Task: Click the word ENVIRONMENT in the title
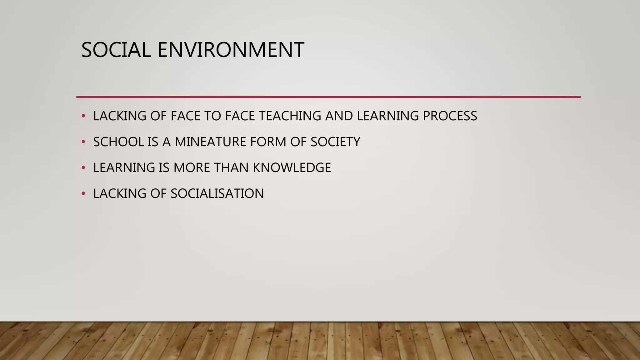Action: pyautogui.click(x=231, y=50)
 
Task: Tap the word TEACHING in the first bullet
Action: pyautogui.click(x=290, y=116)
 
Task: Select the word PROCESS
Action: pyautogui.click(x=450, y=116)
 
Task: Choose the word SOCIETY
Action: pyautogui.click(x=335, y=142)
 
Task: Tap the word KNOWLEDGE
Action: pyautogui.click(x=292, y=168)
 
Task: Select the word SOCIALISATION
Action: pyautogui.click(x=217, y=194)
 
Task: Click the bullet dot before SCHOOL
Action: pyautogui.click(x=83, y=142)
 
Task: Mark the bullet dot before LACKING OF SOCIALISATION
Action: pyautogui.click(x=83, y=194)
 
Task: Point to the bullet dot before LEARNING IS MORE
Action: pyautogui.click(x=83, y=168)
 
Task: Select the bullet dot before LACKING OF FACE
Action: pyautogui.click(x=83, y=116)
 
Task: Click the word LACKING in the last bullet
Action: pyautogui.click(x=120, y=194)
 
